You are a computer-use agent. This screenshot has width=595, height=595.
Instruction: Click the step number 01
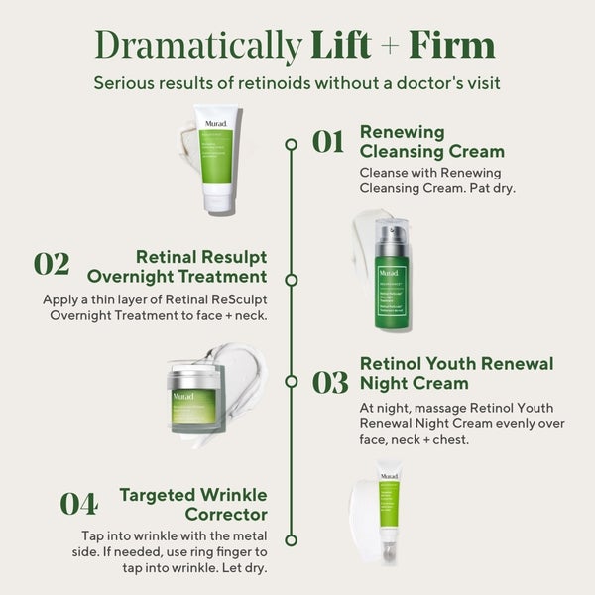coord(328,142)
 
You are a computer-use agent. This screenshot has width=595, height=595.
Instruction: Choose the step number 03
coord(328,382)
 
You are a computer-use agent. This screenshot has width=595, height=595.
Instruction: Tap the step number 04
coord(78,504)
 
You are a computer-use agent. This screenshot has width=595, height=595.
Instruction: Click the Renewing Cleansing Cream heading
coord(431,142)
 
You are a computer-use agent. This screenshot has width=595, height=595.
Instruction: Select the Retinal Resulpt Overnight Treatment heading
coord(177,266)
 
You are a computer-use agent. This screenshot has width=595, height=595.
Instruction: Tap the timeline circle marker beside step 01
coord(291,144)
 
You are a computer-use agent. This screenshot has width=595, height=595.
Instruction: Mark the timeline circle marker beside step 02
coord(291,280)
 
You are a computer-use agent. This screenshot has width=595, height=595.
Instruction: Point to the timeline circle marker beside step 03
coord(291,381)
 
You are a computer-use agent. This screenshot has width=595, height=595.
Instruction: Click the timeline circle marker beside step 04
coord(291,539)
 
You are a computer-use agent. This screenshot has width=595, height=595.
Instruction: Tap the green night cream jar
coord(193,396)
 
